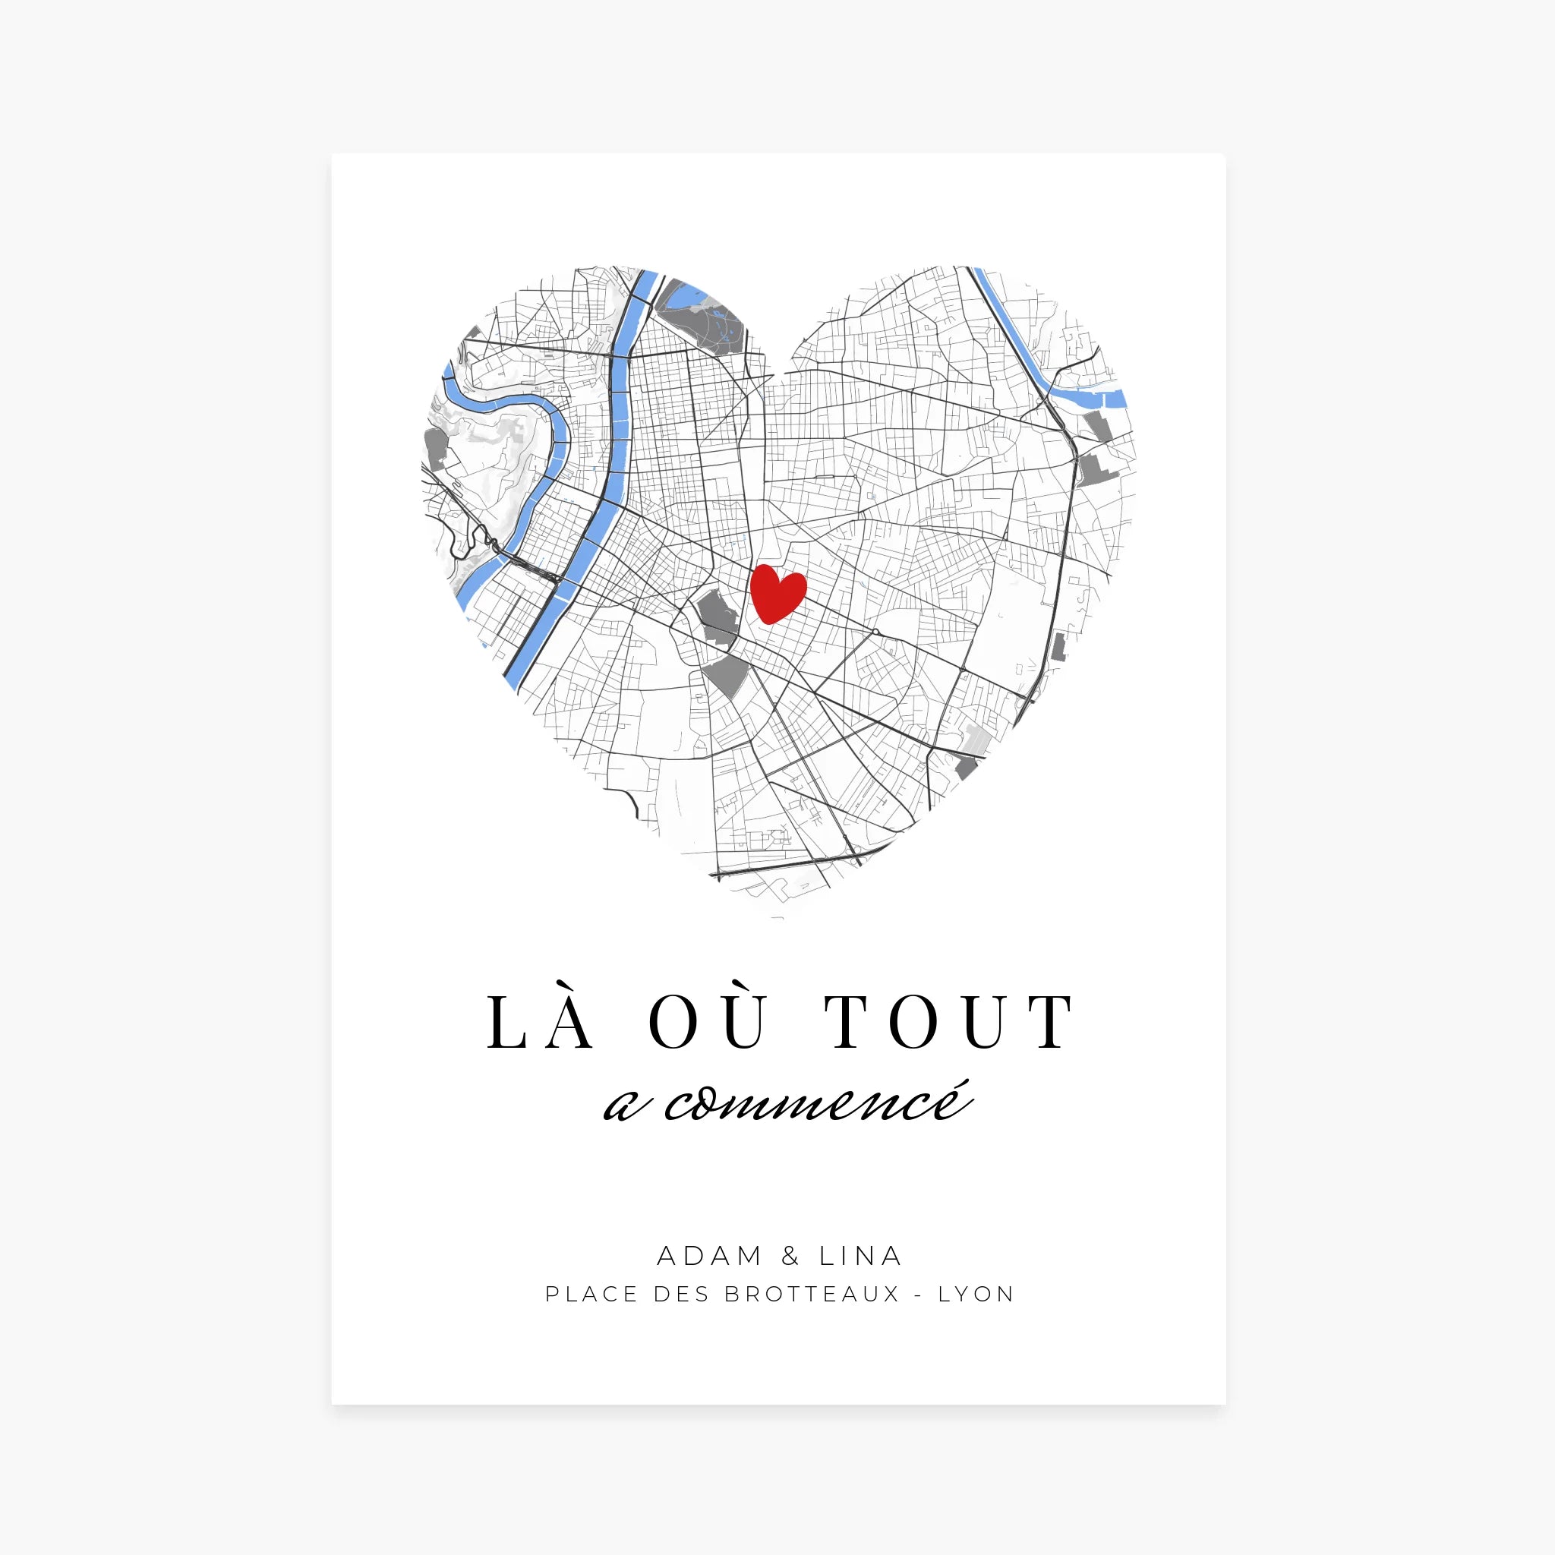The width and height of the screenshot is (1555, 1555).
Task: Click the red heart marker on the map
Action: tap(777, 593)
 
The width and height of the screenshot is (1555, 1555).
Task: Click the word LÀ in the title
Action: tap(541, 1022)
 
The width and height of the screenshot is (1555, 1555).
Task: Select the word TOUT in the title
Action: tap(949, 1022)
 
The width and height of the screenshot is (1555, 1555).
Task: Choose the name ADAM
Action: tap(709, 1256)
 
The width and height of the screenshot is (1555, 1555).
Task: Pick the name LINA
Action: tap(860, 1256)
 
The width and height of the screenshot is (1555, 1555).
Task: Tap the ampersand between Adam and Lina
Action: tap(790, 1256)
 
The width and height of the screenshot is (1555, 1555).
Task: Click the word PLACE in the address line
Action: tap(591, 1295)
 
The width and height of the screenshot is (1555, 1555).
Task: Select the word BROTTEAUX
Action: tap(812, 1295)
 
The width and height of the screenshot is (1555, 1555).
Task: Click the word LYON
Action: tap(976, 1295)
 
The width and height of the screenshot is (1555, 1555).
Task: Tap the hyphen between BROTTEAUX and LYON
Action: tap(919, 1295)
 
